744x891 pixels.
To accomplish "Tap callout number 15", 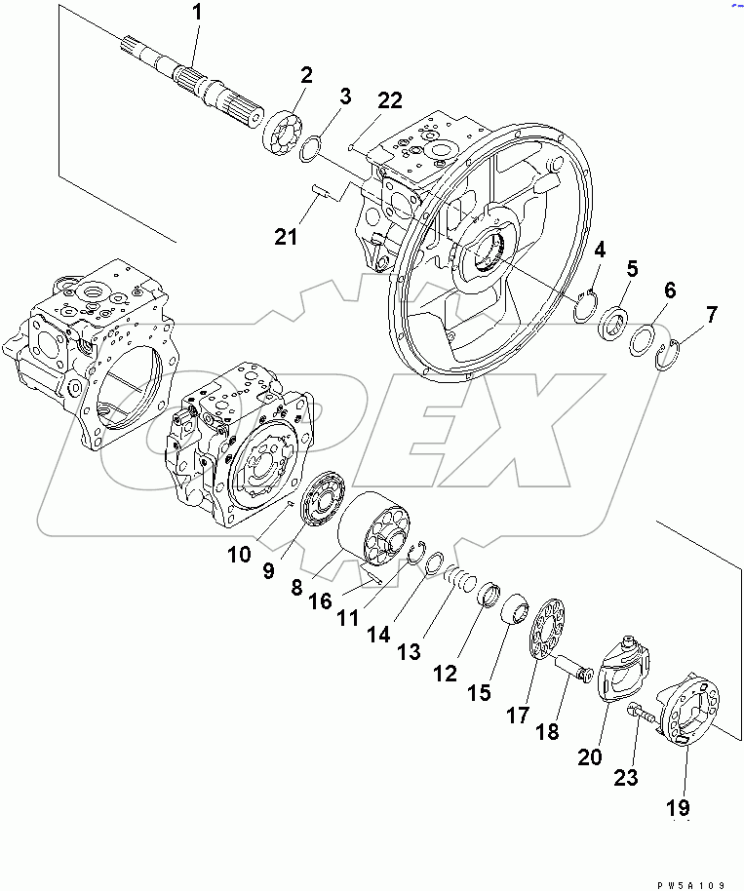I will [479, 693].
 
